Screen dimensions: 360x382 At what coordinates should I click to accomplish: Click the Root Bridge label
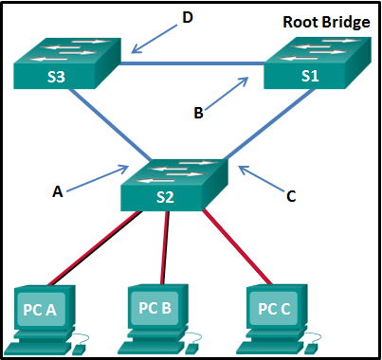coord(325,22)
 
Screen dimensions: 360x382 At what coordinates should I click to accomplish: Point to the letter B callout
coord(197,113)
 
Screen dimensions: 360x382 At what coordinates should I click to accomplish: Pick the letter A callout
coord(58,191)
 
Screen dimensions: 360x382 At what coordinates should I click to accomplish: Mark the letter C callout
coord(291,197)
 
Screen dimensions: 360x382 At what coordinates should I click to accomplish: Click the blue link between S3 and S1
coord(190,63)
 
